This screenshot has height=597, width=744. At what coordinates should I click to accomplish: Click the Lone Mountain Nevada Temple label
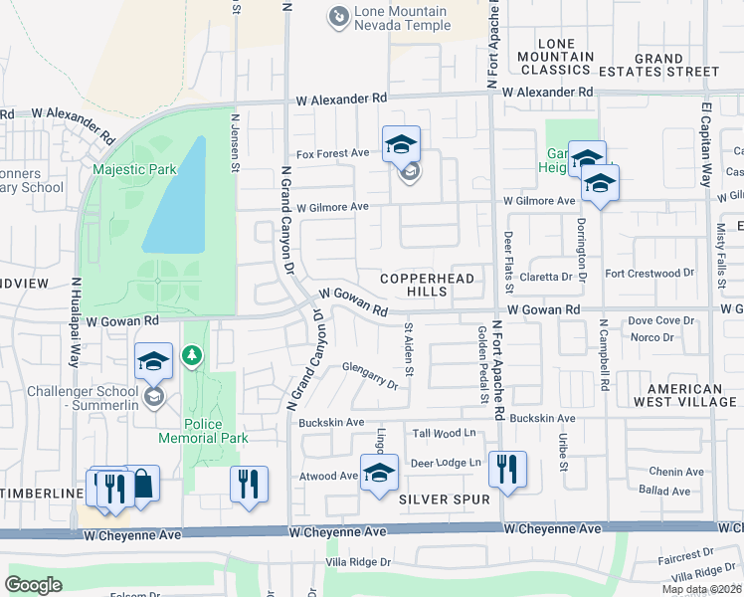point(403,17)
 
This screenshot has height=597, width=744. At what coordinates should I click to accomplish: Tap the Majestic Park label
point(133,169)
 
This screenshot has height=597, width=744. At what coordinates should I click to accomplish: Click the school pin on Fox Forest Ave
point(401,145)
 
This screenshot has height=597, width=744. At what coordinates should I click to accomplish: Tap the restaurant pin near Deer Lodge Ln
point(507,470)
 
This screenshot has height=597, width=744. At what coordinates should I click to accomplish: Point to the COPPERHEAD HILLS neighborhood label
point(426,285)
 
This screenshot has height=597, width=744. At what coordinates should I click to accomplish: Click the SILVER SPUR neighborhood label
point(445,498)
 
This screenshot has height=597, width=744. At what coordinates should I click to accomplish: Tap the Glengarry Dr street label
point(368,376)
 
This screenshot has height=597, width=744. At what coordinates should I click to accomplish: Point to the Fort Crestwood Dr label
point(649,273)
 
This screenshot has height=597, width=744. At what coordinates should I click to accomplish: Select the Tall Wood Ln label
point(447,433)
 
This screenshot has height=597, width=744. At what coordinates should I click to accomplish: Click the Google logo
point(34,584)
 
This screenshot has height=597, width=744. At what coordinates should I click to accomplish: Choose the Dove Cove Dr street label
point(660,320)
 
